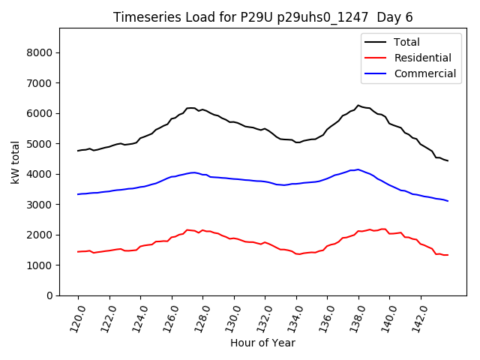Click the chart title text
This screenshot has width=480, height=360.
coord(262,17)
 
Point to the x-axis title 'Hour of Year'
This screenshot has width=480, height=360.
coord(262,343)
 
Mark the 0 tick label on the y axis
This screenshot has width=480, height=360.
coord(49,295)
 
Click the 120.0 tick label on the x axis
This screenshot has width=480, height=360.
coord(73,317)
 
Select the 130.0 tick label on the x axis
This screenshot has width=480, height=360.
coord(229,317)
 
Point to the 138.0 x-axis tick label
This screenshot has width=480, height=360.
coord(354,317)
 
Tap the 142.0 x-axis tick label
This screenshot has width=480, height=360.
coord(416,317)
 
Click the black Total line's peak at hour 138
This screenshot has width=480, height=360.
coord(358,106)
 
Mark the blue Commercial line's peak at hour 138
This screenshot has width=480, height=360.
coord(358,169)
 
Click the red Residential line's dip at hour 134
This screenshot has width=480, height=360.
coord(298,254)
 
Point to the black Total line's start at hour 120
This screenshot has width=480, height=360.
coord(78,151)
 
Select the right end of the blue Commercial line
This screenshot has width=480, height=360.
coord(448,201)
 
